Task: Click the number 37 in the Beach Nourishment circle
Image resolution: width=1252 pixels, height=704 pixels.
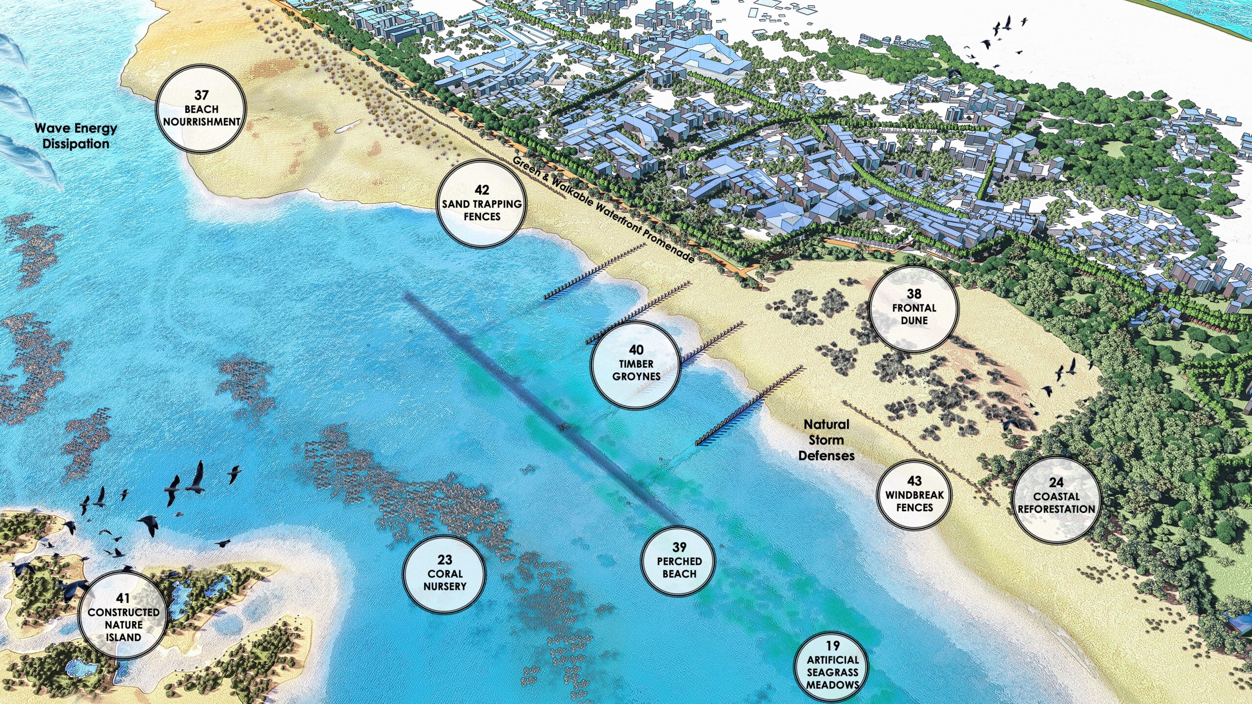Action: pos(201,95)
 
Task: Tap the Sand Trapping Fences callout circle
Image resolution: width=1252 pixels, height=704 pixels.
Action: pos(482,203)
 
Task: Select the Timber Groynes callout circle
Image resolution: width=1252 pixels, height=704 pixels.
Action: pos(636,364)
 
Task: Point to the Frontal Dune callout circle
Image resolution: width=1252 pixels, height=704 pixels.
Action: pos(914,308)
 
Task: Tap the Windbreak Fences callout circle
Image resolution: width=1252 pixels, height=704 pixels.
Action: pos(914,495)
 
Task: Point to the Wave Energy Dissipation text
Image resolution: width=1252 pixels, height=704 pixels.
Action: pos(76,136)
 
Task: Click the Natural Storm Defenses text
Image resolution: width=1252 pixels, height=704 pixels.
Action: pos(827,440)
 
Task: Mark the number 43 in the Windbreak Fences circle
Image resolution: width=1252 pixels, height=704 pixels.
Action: pos(914,482)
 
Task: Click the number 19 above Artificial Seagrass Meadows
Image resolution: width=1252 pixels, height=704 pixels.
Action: pos(832,646)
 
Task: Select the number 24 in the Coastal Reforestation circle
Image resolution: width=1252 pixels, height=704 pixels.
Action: pos(1056,483)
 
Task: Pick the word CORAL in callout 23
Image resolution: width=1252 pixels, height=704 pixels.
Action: pos(445,574)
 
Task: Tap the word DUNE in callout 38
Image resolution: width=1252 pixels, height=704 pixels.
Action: pos(914,321)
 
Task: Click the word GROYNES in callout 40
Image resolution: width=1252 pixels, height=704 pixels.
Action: pos(636,376)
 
